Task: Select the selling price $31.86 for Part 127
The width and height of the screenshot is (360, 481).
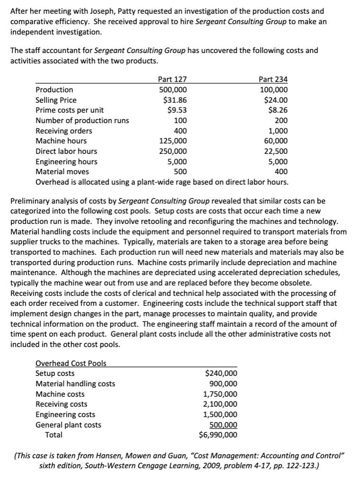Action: [175, 100]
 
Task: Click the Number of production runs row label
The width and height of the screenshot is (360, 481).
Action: [82, 121]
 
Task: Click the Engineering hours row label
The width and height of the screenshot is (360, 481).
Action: [67, 161]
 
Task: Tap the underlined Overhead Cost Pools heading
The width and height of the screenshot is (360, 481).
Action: [71, 364]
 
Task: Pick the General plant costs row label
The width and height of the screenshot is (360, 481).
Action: [69, 425]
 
